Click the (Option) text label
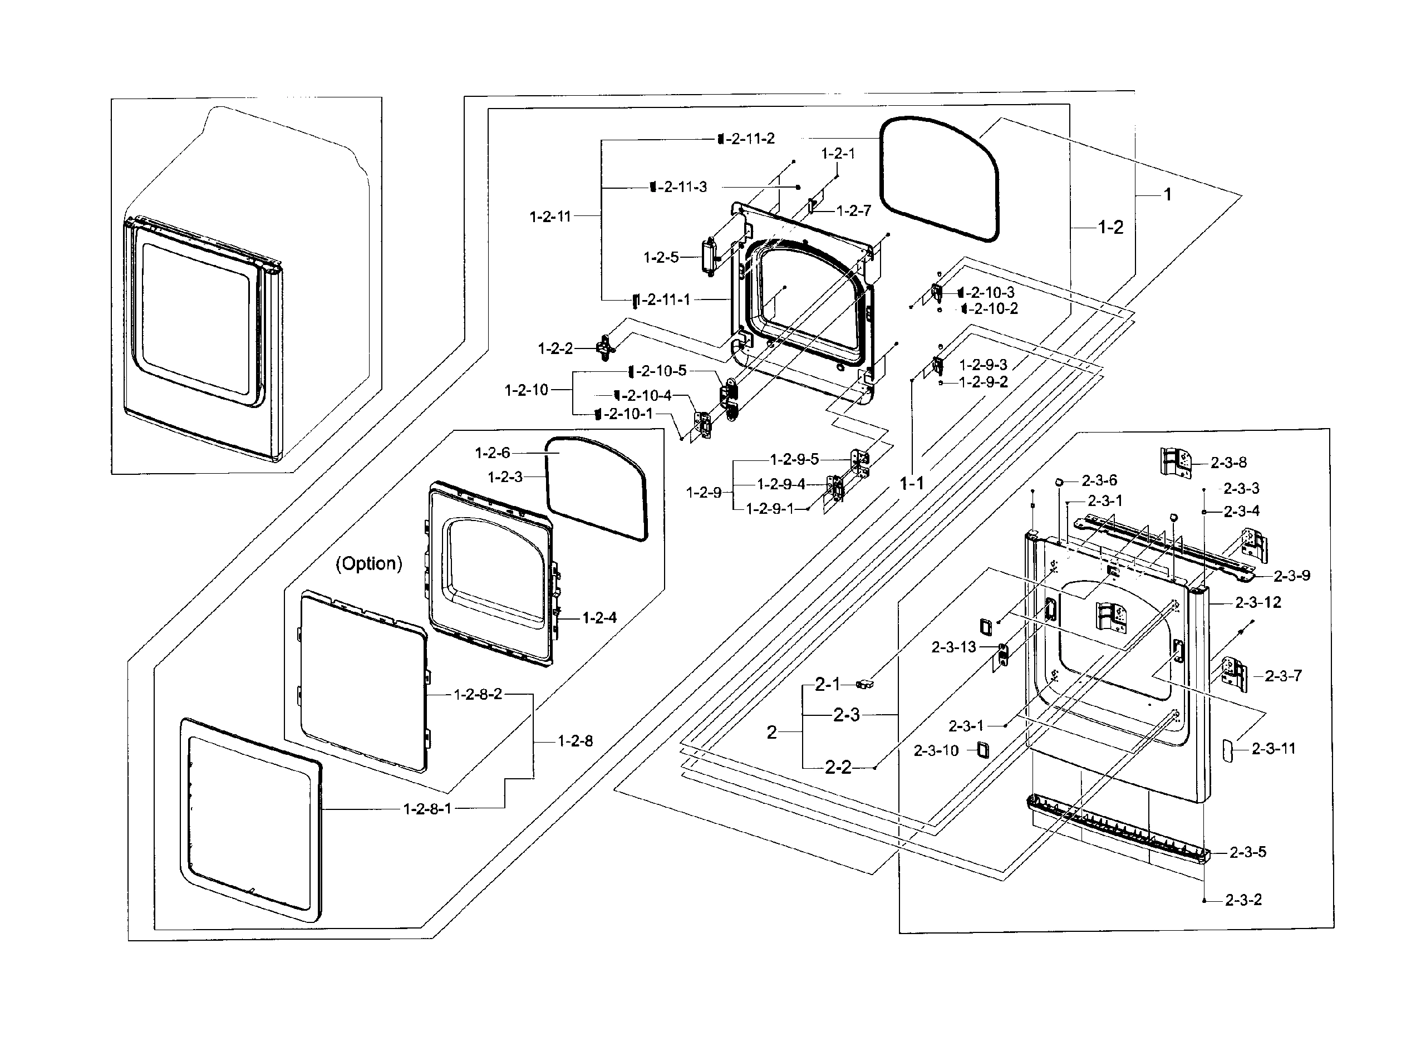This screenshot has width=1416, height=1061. [x=368, y=563]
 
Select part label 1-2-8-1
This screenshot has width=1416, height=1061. [x=427, y=809]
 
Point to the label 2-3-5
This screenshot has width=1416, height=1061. [x=1248, y=852]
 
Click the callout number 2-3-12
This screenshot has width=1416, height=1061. [x=1258, y=602]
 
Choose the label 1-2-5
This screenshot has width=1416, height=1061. [x=661, y=257]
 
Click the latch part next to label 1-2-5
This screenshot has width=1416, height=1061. [x=710, y=257]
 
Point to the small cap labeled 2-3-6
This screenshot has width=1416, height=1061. [x=1059, y=481]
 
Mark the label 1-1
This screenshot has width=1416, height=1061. [x=912, y=483]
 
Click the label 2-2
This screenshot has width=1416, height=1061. [x=838, y=767]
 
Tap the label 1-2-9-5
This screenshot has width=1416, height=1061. [x=794, y=460]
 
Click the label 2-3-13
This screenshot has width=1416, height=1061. [x=953, y=647]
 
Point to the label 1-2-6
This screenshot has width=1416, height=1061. [x=492, y=453]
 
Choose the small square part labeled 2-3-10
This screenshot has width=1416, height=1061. [x=982, y=750]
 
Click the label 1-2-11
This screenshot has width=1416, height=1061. [x=550, y=217]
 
